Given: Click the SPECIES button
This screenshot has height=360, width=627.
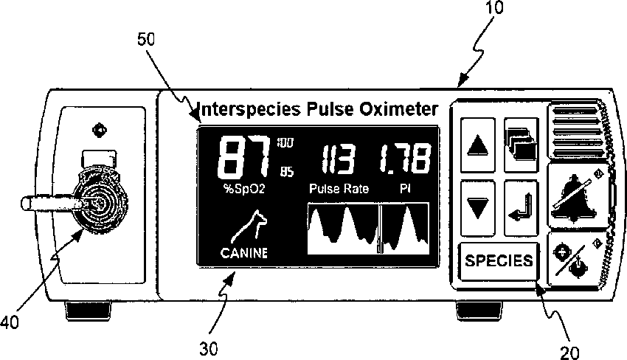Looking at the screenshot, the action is pyautogui.click(x=499, y=260).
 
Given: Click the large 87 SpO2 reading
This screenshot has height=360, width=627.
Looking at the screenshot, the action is pyautogui.click(x=243, y=157).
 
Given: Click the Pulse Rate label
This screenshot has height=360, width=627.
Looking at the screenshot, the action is pyautogui.click(x=339, y=189).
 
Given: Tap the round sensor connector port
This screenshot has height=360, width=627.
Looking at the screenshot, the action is pyautogui.click(x=95, y=198).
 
